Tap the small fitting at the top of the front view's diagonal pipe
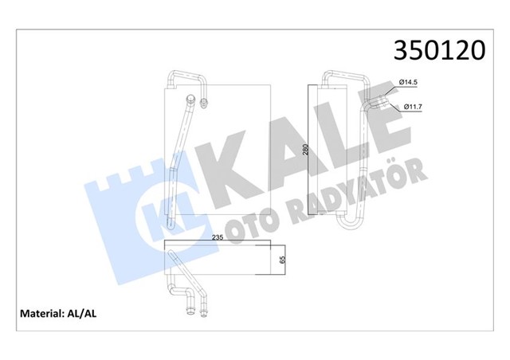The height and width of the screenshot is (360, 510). (194, 100)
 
